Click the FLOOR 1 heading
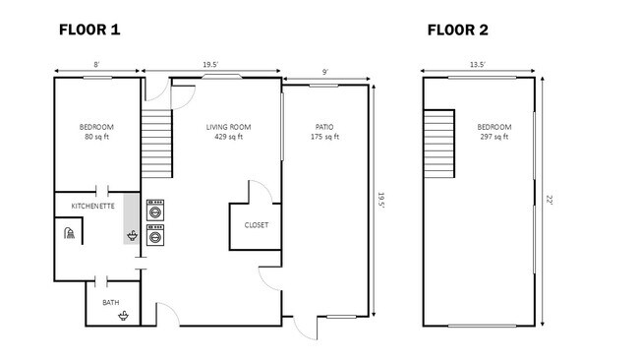[89, 30]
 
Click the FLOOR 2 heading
[457, 30]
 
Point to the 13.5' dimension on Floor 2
[479, 65]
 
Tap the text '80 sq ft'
[95, 138]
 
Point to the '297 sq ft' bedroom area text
[494, 138]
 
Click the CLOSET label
[256, 224]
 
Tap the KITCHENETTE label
[94, 206]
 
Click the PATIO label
[324, 127]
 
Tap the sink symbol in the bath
[124, 315]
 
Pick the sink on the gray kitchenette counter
[132, 236]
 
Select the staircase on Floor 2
[439, 144]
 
